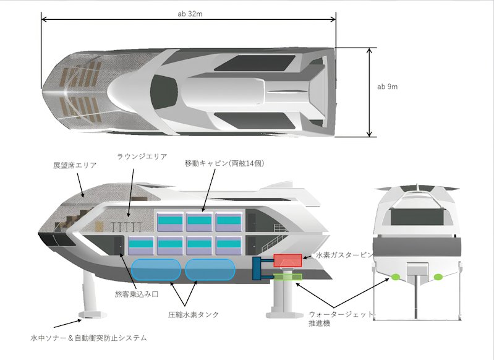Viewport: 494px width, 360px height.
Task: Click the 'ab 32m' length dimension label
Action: [190, 14]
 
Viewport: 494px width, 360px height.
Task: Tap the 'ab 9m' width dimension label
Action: [387, 87]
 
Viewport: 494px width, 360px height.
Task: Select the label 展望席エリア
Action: [75, 166]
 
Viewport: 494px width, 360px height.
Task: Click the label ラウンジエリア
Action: [142, 156]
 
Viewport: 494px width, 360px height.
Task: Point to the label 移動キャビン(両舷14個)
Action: [224, 163]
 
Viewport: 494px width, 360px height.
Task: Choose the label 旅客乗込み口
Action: [137, 294]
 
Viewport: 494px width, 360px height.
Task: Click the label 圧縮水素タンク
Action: [194, 315]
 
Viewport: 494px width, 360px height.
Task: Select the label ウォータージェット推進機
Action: [341, 319]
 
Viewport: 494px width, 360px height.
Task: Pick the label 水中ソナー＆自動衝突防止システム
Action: [88, 338]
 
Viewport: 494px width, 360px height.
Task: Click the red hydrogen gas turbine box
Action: [287, 260]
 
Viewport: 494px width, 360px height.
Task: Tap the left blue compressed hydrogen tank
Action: [156, 270]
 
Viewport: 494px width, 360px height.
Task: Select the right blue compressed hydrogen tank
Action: [210, 270]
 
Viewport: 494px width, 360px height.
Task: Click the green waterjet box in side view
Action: [287, 276]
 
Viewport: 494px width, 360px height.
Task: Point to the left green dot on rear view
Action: [396, 277]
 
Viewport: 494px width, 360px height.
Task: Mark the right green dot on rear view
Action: [438, 277]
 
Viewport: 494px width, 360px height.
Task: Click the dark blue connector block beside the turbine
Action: [257, 268]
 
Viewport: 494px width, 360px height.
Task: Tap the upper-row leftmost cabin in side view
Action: [170, 222]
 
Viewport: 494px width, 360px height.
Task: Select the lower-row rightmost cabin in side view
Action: [229, 246]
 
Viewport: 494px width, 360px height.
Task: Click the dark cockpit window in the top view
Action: [163, 92]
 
